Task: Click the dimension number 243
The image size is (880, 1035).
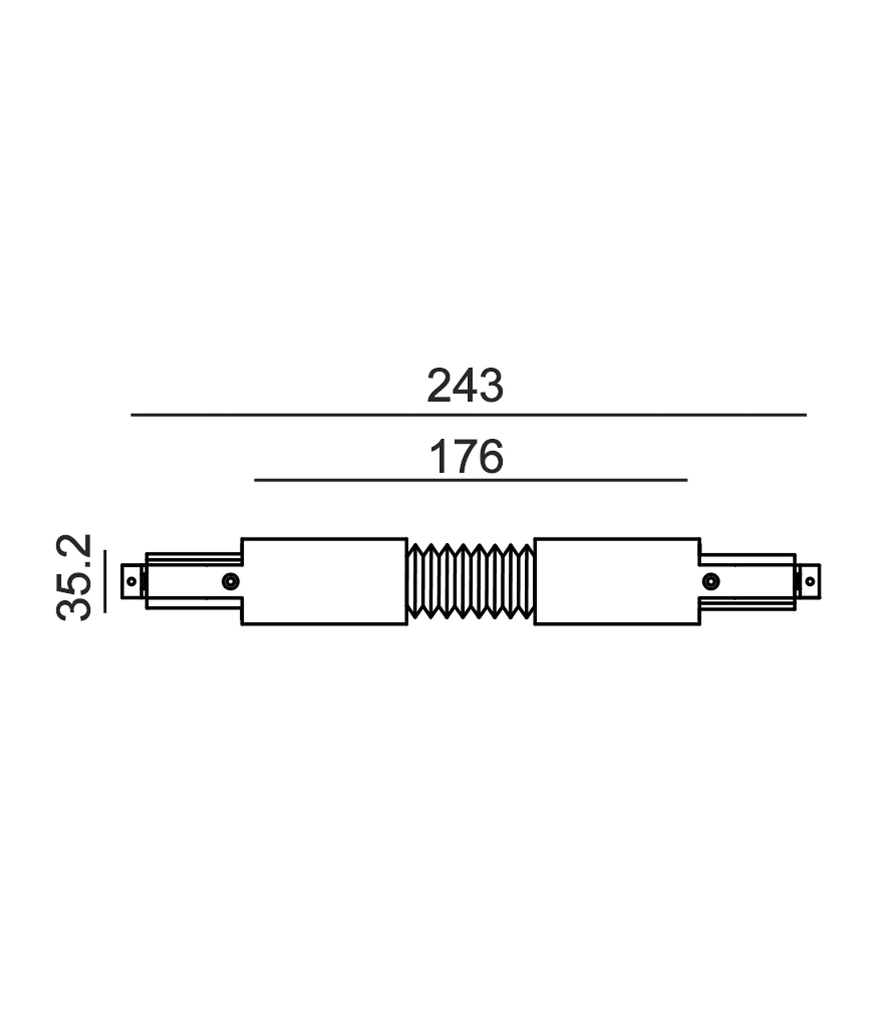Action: (x=465, y=386)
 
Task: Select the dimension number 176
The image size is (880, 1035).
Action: (x=466, y=457)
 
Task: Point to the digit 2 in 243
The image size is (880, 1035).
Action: (x=440, y=386)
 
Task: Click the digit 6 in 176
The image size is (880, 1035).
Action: (x=490, y=457)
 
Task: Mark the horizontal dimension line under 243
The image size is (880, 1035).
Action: (x=468, y=415)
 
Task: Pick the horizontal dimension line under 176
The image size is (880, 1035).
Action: (x=470, y=480)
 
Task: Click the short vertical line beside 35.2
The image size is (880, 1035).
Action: (x=105, y=581)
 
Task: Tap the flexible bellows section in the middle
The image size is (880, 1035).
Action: (x=470, y=581)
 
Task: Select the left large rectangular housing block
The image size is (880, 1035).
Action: (x=324, y=581)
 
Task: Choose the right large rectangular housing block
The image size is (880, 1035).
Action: (x=617, y=581)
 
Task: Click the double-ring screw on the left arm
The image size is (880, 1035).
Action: (x=231, y=581)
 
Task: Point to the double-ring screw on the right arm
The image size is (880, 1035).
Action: (x=711, y=581)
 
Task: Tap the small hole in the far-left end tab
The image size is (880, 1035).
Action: (x=131, y=581)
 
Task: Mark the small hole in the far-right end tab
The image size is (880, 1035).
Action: (x=810, y=581)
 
